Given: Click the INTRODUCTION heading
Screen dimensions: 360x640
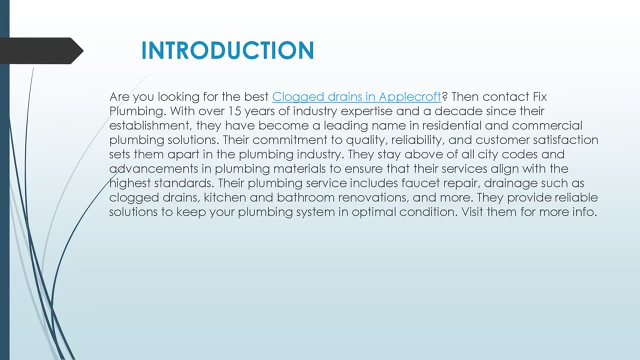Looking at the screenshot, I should (227, 50).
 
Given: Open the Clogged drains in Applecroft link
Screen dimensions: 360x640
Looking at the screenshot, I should (356, 96).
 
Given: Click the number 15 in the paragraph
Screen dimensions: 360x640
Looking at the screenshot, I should (234, 111).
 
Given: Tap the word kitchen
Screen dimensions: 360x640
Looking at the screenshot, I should (225, 198).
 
